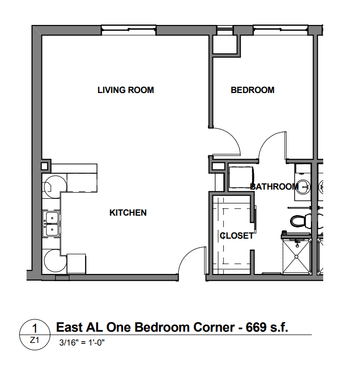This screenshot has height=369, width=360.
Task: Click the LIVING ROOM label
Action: pos(126,90)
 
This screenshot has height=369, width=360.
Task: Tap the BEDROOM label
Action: pos(253,90)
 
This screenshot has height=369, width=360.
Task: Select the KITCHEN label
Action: pos(128,213)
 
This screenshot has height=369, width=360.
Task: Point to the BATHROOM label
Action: pos(274,187)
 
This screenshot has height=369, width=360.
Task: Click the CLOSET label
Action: pos(236,236)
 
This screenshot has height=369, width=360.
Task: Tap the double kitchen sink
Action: pos(52,223)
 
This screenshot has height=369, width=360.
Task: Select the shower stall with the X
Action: pos(297,256)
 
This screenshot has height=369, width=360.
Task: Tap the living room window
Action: pos(129,30)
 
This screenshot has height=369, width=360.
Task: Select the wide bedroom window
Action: pos(281,30)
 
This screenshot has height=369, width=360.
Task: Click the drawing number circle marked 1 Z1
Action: pos(35,334)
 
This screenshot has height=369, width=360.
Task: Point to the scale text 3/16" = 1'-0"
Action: pos(82,342)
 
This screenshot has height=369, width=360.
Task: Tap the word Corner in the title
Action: pos(214,327)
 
